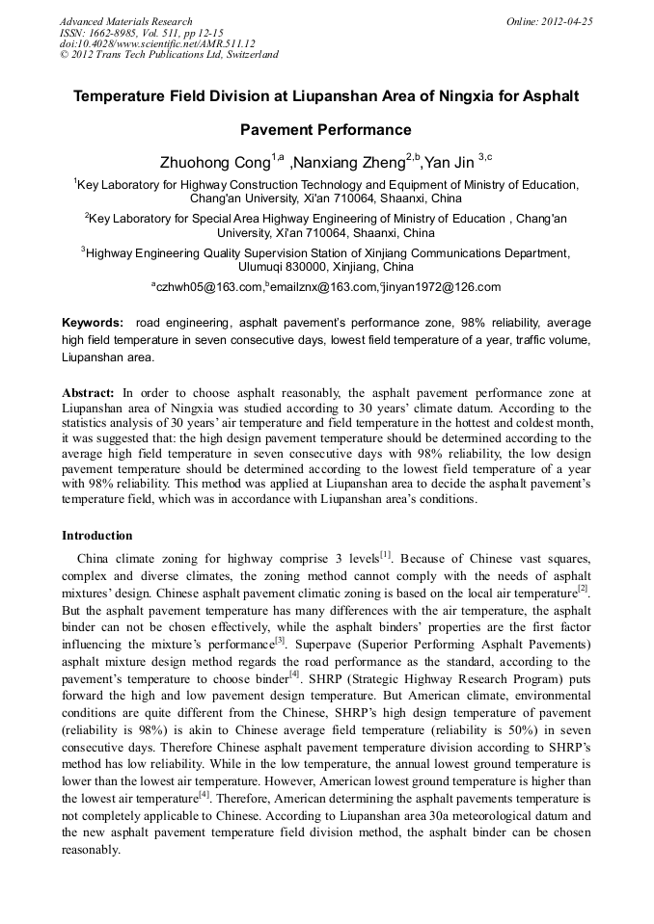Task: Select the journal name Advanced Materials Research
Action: pyautogui.click(x=125, y=21)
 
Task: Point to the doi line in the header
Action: pyautogui.click(x=157, y=43)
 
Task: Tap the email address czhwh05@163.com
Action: pyautogui.click(x=209, y=287)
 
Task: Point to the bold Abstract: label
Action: pyautogui.click(x=88, y=393)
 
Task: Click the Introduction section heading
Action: pyautogui.click(x=97, y=536)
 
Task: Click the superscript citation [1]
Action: pyautogui.click(x=386, y=555)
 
